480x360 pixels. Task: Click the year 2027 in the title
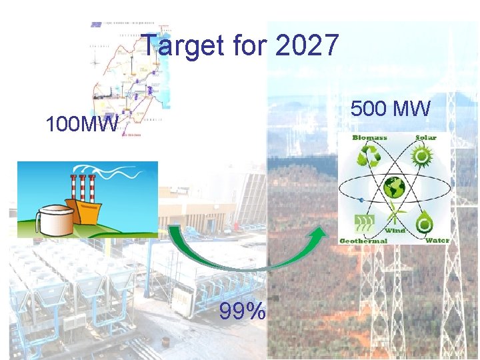pyautogui.click(x=307, y=47)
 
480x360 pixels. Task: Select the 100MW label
pyautogui.click(x=81, y=125)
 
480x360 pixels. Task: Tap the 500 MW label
pyautogui.click(x=391, y=108)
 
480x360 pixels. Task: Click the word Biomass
pyautogui.click(x=370, y=138)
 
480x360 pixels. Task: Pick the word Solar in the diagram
pyautogui.click(x=427, y=138)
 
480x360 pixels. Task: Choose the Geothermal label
pyautogui.click(x=364, y=240)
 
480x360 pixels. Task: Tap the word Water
pyautogui.click(x=437, y=239)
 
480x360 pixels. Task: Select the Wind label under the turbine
pyautogui.click(x=395, y=230)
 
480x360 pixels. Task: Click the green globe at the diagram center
pyautogui.click(x=395, y=188)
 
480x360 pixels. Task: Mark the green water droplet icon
pyautogui.click(x=424, y=221)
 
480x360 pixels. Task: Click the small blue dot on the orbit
pyautogui.click(x=361, y=199)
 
